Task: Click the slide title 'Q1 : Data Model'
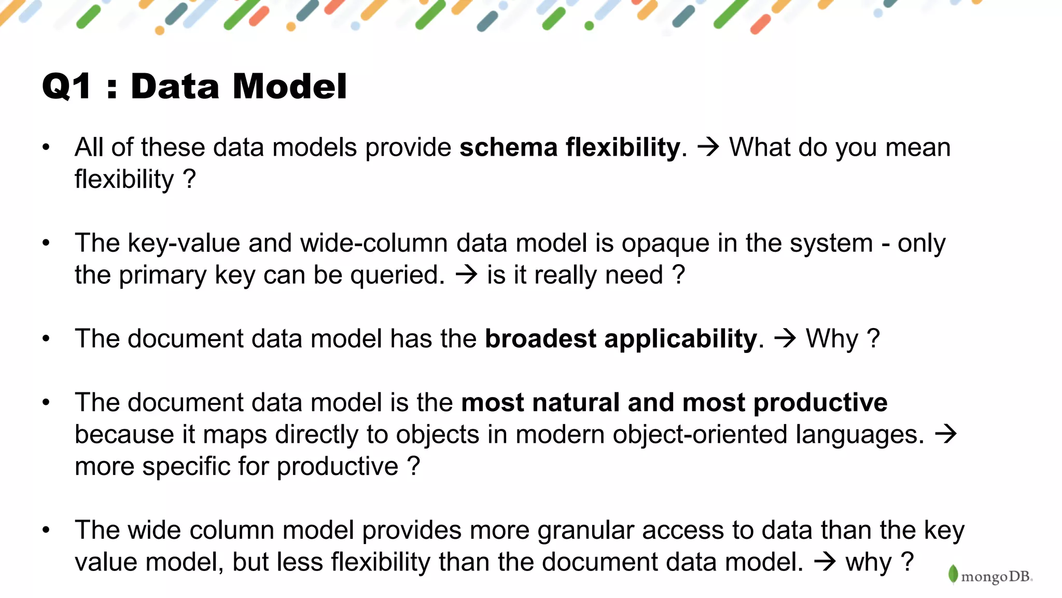pos(194,86)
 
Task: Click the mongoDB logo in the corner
pos(990,575)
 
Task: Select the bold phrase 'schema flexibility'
pos(569,147)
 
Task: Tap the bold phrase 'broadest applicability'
pos(621,339)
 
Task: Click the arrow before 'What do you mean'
pos(708,147)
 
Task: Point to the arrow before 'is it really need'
pos(466,275)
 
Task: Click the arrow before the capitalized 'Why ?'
pos(785,338)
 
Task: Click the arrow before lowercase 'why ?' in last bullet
pos(825,562)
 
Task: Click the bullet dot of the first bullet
pos(46,147)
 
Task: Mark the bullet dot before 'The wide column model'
pos(46,530)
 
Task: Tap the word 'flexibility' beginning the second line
pos(124,180)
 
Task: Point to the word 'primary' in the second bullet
pos(162,276)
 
